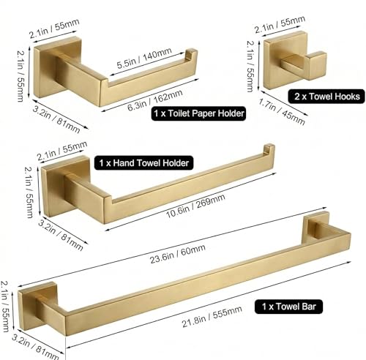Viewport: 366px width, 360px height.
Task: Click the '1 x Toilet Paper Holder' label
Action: (198, 113)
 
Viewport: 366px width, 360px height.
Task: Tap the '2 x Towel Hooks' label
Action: (326, 97)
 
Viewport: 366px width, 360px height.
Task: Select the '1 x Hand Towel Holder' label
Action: (143, 163)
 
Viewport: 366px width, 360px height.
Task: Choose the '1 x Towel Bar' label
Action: (288, 307)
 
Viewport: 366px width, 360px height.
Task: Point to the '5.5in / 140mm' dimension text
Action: (144, 59)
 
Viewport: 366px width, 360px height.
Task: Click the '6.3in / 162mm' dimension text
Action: (155, 100)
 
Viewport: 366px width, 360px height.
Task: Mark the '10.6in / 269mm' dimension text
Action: (195, 206)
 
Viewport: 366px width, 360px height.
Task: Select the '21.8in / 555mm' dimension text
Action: (212, 316)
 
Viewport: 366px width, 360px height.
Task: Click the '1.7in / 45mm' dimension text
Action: (282, 112)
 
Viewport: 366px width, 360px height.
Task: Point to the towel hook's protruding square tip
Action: (315, 66)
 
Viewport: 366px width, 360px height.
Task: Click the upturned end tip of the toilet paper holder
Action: (192, 53)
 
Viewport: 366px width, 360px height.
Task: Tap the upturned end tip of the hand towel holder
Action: (269, 149)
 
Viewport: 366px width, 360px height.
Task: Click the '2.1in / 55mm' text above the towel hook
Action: (280, 24)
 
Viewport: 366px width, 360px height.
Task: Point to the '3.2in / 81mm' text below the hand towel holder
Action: (61, 235)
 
